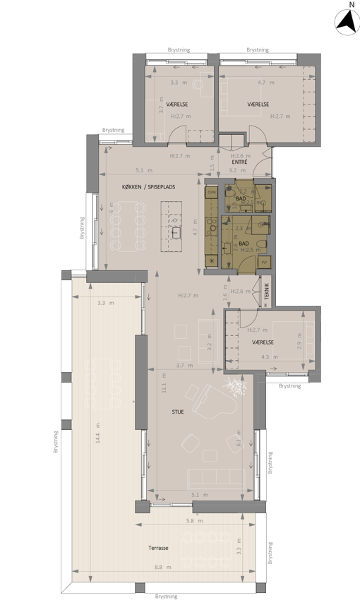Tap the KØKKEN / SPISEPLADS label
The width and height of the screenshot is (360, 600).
coord(148,186)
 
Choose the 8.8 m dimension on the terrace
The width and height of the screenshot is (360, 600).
coord(163,566)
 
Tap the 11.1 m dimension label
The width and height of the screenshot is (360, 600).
coord(163,386)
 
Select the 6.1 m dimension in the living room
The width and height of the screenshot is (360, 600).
coord(239,443)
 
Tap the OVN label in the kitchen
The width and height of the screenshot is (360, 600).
coord(211,191)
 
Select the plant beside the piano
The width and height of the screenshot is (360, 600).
coord(233,385)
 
